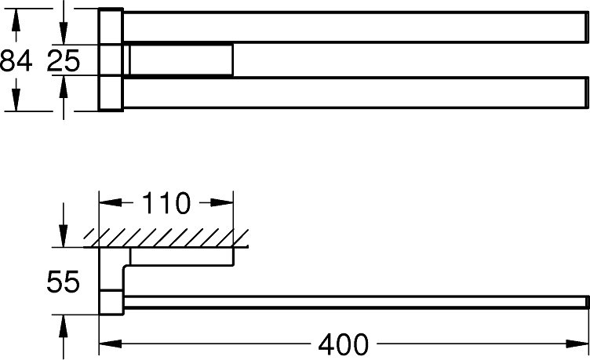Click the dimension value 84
16,60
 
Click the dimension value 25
64,60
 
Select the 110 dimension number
166,203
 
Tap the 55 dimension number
64,282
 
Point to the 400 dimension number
344,344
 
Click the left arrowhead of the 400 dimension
111,344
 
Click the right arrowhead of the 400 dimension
577,344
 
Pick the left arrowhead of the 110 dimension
111,203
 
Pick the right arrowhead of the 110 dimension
222,203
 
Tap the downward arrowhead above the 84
16,20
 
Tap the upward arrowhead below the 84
16,100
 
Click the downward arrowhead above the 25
64,34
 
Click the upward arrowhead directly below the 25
64,86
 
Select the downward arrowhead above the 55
64,236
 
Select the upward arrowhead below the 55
64,325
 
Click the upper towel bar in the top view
356,27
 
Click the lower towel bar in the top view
356,93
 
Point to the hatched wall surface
166,238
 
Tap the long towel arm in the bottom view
356,302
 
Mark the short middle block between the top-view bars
181,60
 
